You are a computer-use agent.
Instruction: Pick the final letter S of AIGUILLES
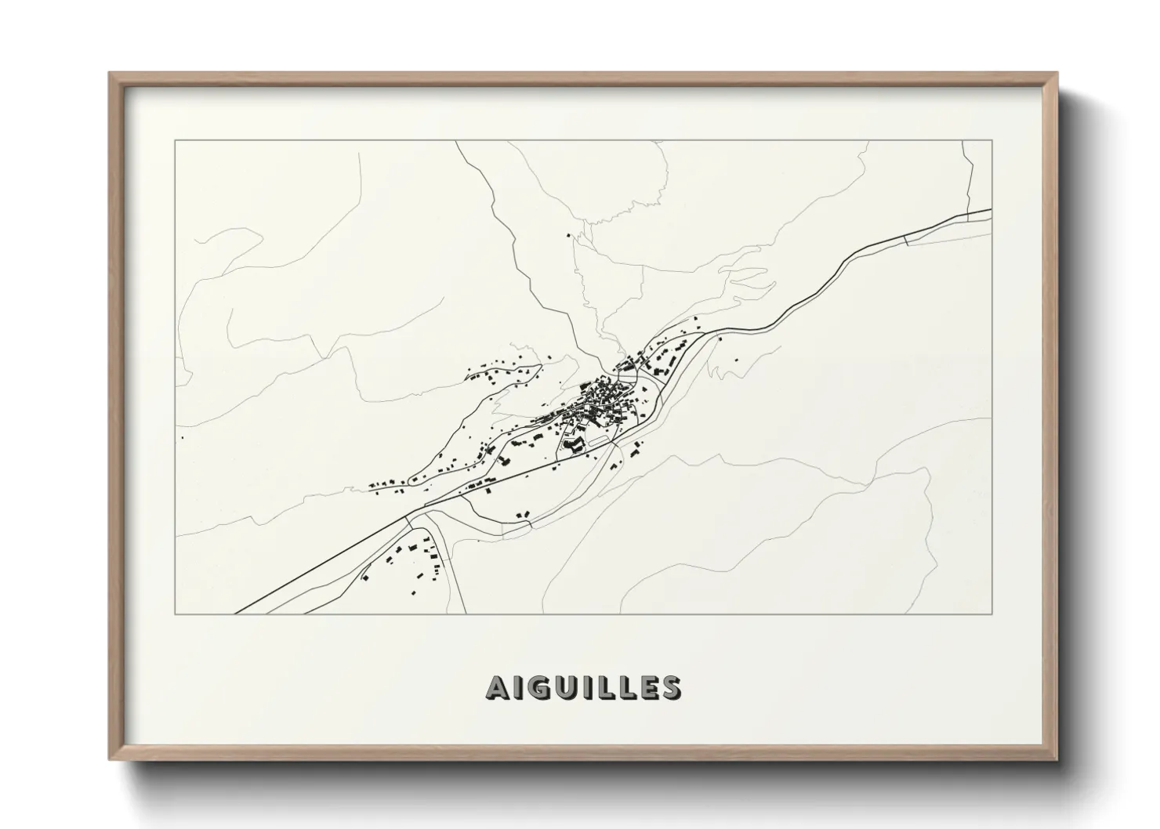point(670,687)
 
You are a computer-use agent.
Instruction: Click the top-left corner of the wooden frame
point(110,74)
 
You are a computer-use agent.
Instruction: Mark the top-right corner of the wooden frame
point(1057,74)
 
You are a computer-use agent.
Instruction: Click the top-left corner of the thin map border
point(176,141)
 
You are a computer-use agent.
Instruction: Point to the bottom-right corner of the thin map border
point(992,614)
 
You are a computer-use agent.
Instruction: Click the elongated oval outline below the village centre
point(597,442)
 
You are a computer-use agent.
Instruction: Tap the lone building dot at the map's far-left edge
point(183,437)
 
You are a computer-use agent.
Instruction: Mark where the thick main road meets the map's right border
point(991,210)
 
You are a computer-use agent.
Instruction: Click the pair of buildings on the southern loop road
point(524,514)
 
